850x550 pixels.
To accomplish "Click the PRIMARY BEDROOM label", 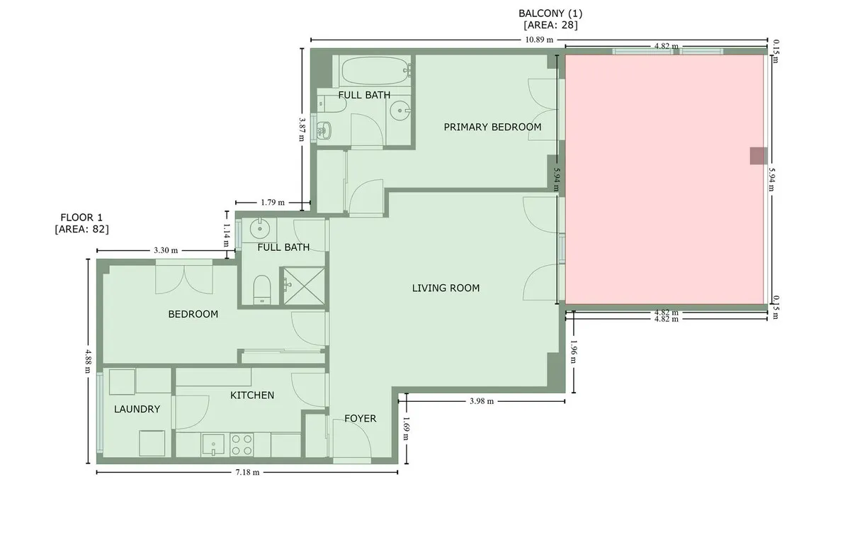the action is point(492,127).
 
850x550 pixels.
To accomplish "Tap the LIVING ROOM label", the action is point(446,288).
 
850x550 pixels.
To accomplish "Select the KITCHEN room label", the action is point(252,395).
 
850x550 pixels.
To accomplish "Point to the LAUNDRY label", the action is point(137,409).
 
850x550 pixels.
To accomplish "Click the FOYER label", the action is point(360,418).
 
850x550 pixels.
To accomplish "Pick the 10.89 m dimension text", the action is point(539,40).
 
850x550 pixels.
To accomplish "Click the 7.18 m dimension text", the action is point(247,473).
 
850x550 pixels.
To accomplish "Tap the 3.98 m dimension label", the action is point(482,401).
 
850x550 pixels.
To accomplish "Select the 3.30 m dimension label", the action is point(166,250).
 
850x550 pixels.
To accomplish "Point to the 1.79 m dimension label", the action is point(273,202).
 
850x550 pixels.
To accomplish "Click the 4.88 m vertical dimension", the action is point(88,361).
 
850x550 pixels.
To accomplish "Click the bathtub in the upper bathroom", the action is point(375,71).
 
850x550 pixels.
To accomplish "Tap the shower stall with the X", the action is point(304,286).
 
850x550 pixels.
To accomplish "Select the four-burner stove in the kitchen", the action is point(242,445).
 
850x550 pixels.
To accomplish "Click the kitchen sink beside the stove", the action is point(213,445).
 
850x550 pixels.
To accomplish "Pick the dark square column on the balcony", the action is point(759,156).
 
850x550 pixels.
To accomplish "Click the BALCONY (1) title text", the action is point(550,13).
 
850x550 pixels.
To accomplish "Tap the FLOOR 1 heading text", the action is point(81,218).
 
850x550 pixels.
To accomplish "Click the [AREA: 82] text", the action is point(81,229).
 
